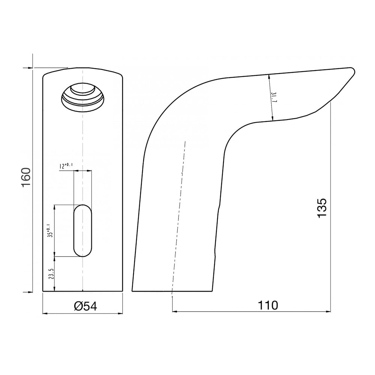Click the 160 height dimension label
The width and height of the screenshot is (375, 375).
tap(26, 177)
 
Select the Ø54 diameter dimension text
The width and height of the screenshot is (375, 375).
tap(85, 306)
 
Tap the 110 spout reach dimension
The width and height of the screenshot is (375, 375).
tap(268, 305)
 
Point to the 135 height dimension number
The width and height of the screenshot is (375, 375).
tap(322, 208)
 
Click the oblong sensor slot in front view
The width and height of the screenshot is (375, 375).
tap(82, 231)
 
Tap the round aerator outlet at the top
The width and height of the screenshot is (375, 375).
tap(82, 97)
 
